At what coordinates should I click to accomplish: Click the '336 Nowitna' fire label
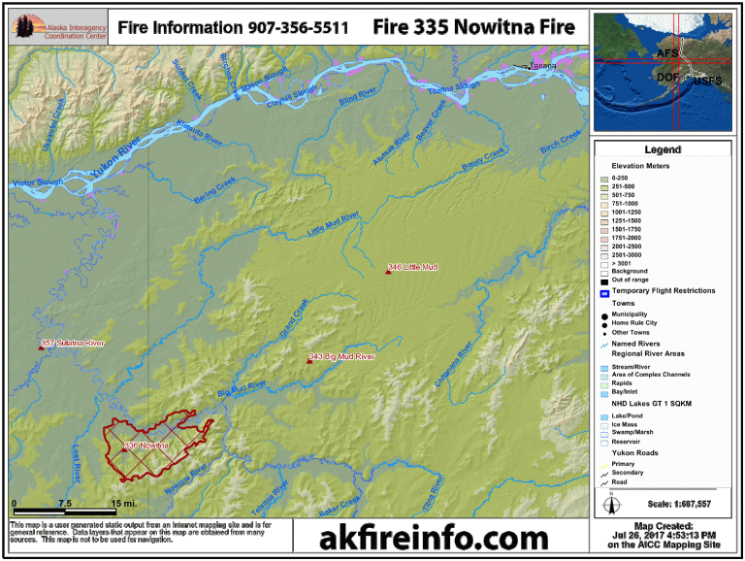coord(147,445)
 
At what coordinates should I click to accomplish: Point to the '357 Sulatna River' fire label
coord(73,344)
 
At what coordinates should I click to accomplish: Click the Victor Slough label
coord(37,181)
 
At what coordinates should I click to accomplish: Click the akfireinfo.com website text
coord(433,537)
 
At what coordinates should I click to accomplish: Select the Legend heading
coord(663,150)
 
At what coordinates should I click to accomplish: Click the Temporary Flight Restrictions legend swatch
coord(603,291)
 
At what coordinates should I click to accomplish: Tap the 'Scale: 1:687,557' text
coord(679,504)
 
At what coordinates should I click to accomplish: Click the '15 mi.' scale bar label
coord(122,504)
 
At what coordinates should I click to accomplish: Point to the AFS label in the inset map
coord(667,53)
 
